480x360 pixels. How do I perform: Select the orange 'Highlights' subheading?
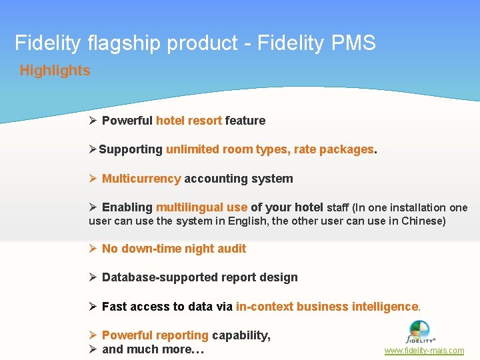pos(55,71)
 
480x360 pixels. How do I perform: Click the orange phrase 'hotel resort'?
pos(189,121)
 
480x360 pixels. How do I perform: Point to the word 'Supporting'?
pos(131,150)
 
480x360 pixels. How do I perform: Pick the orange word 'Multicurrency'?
pos(141,179)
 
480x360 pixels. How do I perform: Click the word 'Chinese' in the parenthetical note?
pos(421,221)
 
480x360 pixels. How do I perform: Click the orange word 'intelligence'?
pos(377,307)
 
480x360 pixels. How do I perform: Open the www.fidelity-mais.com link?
pos(424,351)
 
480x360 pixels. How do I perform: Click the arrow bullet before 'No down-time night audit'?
pos(93,249)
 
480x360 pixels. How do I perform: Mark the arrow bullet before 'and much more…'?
pos(93,349)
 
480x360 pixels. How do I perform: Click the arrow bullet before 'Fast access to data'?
pos(93,307)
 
